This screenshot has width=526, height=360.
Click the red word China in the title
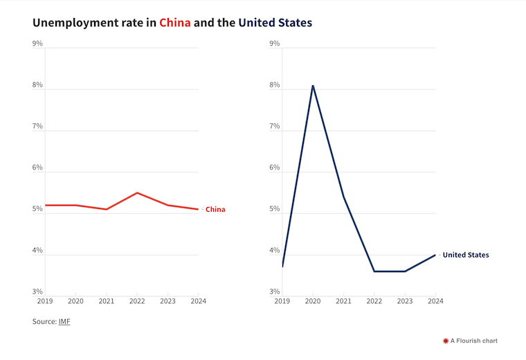175,23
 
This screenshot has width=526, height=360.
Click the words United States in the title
275,23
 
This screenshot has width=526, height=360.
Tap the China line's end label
215,209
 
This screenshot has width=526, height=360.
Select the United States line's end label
465,255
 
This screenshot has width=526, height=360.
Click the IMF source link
64,321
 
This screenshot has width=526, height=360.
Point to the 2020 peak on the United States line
313,85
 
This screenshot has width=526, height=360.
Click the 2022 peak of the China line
137,192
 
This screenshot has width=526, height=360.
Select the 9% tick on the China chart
37,44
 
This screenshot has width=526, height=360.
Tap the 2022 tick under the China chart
137,301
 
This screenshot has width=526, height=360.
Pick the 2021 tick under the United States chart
343,301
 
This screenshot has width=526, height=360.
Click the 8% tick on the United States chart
274,85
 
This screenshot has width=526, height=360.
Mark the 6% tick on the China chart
37,168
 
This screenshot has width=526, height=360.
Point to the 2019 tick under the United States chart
282,301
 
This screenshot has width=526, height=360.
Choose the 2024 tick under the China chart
199,301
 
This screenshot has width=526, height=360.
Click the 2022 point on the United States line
374,271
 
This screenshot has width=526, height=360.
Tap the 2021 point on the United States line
343,197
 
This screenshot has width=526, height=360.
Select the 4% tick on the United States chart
274,251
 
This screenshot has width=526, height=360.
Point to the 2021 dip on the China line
106,209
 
